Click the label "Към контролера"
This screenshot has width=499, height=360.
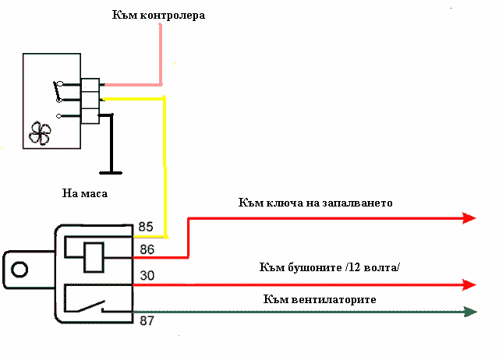(x=159, y=15)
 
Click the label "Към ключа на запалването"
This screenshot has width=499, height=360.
(x=315, y=203)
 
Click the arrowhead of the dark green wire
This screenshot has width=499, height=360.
(x=469, y=312)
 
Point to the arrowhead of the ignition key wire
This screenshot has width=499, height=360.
(x=469, y=218)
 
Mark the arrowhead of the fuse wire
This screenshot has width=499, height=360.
(x=469, y=284)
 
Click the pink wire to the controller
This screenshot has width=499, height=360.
(x=161, y=55)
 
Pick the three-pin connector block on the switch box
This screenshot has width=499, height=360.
(x=90, y=100)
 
